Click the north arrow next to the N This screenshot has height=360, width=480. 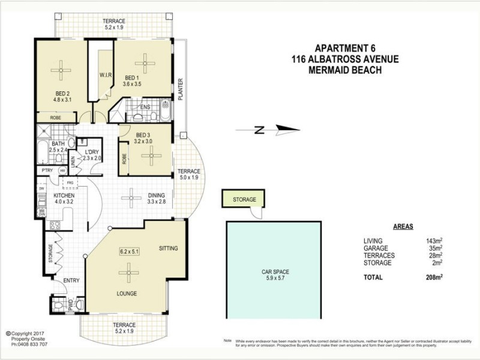tap(285, 129)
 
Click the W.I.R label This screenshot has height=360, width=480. tap(98, 75)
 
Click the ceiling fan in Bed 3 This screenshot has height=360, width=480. tap(151, 156)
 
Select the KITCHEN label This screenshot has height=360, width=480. tap(64, 196)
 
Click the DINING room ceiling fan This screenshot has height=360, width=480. tap(131, 196)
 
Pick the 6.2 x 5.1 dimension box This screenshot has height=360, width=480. tap(129, 251)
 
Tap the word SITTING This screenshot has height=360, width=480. tap(169, 248)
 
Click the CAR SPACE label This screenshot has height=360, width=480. tap(275, 272)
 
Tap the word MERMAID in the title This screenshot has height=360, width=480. tap(326, 70)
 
